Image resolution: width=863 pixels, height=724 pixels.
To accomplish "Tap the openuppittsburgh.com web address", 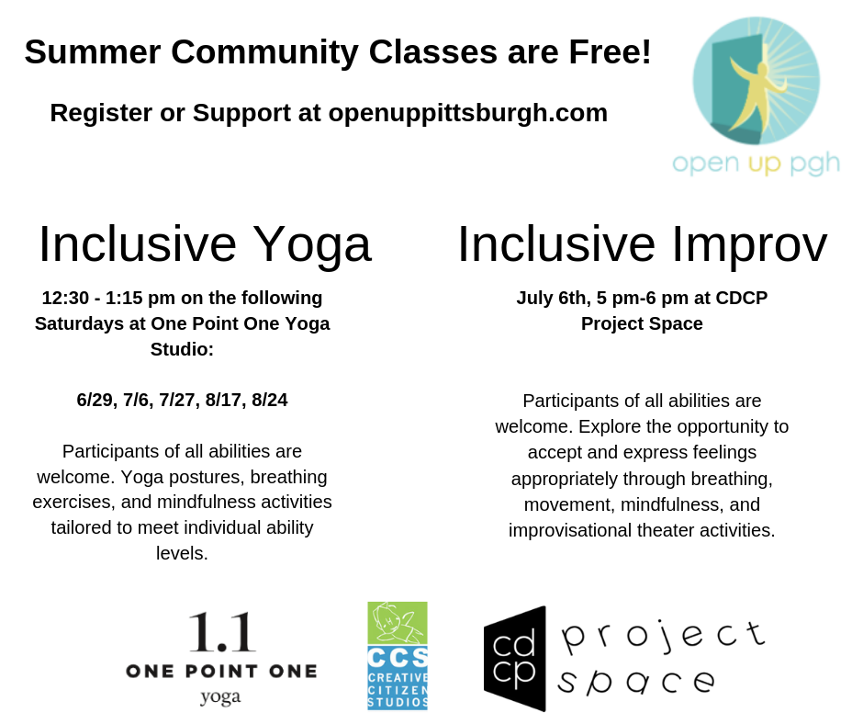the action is [468, 114].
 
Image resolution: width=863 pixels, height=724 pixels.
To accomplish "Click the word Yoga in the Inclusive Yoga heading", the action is [313, 245].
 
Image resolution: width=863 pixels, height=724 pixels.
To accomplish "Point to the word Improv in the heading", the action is [750, 245].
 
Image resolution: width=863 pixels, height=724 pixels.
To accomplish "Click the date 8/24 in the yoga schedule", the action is [270, 400].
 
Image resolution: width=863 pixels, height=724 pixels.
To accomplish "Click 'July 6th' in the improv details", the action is [553, 298].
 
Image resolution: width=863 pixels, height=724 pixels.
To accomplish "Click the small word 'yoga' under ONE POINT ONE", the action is [220, 697].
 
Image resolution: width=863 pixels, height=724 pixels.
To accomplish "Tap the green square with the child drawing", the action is [398, 623].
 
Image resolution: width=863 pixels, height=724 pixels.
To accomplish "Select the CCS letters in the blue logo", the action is [398, 657].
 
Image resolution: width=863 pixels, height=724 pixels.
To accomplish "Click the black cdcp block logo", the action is [515, 659].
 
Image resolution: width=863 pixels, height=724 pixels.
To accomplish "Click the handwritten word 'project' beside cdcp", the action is [663, 637].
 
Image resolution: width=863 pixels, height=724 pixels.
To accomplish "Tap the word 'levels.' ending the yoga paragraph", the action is [182, 553].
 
